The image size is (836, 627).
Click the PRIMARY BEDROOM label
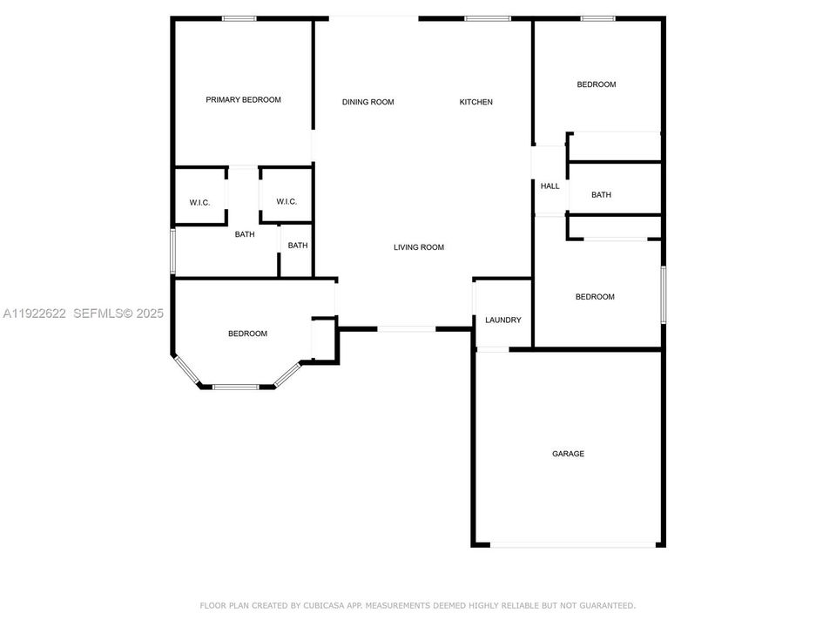(x=243, y=100)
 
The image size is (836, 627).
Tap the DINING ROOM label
(x=367, y=102)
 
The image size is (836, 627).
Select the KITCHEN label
(x=476, y=102)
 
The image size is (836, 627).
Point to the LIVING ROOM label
(x=419, y=247)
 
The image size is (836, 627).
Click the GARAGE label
(x=568, y=454)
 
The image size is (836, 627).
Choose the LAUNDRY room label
(x=503, y=320)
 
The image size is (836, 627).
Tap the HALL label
(x=549, y=186)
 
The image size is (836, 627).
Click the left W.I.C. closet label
(x=199, y=203)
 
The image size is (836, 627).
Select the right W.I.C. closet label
(x=287, y=202)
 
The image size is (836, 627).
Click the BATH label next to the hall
(x=601, y=195)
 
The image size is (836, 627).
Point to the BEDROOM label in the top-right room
(x=597, y=84)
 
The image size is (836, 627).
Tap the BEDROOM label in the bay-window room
(x=247, y=334)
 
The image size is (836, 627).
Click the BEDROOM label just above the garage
(x=595, y=297)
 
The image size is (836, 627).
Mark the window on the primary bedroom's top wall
(x=239, y=18)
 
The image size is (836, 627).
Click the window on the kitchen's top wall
(x=481, y=18)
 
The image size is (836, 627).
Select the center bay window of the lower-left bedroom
(x=237, y=387)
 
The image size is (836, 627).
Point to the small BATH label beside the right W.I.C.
(x=298, y=246)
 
